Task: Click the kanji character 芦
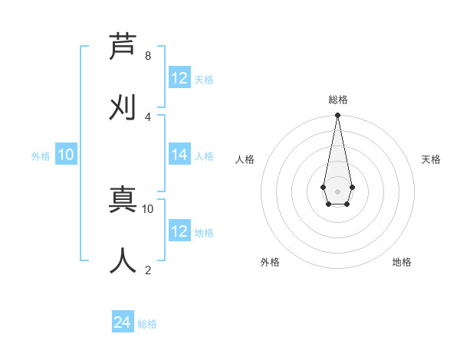pos(123,47)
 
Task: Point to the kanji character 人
pos(123,261)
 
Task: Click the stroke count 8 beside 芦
pos(148,55)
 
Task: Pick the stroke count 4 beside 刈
pos(148,116)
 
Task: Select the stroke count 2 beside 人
pos(148,270)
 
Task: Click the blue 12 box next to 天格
pos(179,78)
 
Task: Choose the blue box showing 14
pos(179,155)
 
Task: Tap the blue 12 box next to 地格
pos(179,231)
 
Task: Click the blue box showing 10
pos(66,155)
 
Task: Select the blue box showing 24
pos(123,322)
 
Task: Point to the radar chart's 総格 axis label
pos(338,100)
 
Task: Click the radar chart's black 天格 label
pos(431,159)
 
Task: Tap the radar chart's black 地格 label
pos(402,262)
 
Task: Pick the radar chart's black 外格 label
pos(270,262)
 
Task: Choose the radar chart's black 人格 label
pos(245,159)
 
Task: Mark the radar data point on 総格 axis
pos(337,116)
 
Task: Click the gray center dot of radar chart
pos(337,191)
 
